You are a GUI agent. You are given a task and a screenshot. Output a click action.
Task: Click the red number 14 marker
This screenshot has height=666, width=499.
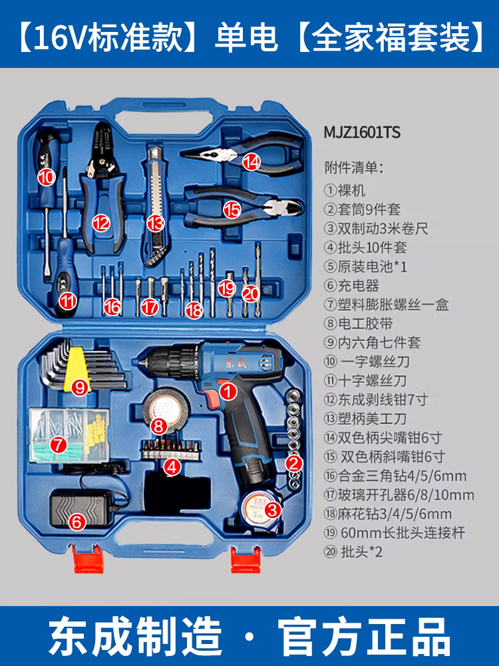pos(251,161)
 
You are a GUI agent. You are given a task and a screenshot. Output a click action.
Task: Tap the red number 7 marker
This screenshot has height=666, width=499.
pos(59,443)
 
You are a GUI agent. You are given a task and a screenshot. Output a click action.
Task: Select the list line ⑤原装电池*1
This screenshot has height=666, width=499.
pos(365,266)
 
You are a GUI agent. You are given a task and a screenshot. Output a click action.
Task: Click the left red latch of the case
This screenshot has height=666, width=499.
pos(82,560)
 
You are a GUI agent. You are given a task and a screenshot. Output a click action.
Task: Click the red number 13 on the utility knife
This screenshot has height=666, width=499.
pos(155,222)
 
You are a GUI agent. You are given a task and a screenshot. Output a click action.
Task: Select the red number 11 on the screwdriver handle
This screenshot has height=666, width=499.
pos(67,300)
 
